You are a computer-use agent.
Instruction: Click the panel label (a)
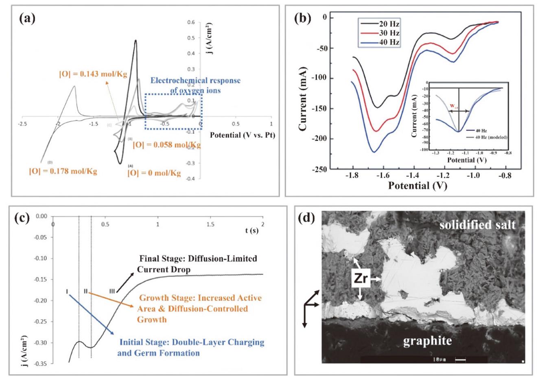coord(26,19)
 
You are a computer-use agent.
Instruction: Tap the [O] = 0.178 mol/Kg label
coord(63,171)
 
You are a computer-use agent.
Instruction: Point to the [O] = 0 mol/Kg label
coord(154,173)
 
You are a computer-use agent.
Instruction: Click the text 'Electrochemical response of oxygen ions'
coord(195,85)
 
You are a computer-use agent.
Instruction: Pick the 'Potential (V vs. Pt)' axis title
coord(243,135)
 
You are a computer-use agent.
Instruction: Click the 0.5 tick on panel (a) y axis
coord(191,38)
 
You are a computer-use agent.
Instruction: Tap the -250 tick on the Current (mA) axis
coord(319,169)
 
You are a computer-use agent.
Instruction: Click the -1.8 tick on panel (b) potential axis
coord(352,175)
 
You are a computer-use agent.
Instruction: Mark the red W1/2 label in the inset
coord(453,107)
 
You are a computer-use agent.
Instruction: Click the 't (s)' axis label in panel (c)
coord(251,231)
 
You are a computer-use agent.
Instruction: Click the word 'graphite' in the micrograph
coord(427,340)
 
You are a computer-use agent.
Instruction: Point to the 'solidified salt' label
coord(477,224)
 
